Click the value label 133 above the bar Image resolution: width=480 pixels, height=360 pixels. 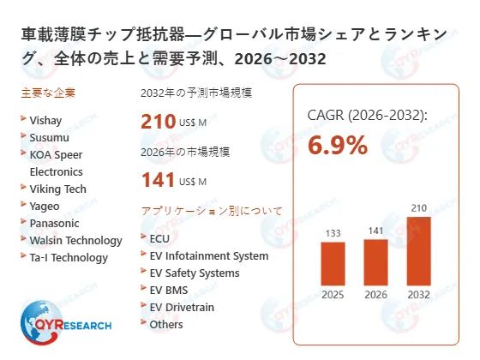[x=333, y=232]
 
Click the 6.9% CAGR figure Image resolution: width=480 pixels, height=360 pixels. [x=337, y=145]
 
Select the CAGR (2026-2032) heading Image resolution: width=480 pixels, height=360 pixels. [x=367, y=116]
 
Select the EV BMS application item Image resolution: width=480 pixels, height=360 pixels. [x=171, y=290]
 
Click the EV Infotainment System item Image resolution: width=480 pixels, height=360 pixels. [x=208, y=255]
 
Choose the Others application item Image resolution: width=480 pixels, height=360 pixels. [x=165, y=324]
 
